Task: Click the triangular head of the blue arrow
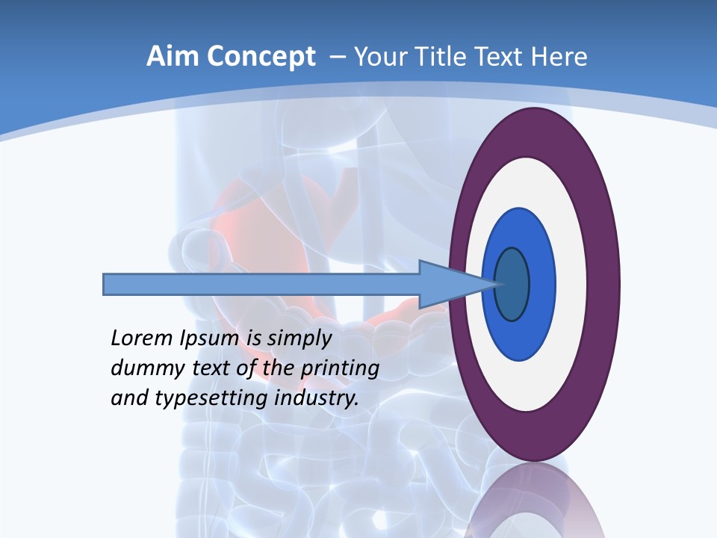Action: pyautogui.click(x=448, y=284)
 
